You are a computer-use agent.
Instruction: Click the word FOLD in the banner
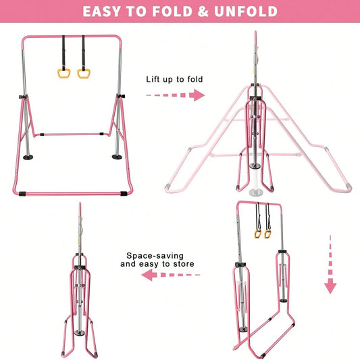pos(172,11)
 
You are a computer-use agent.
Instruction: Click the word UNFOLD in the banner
pos(246,11)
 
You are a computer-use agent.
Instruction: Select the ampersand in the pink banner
pos(203,11)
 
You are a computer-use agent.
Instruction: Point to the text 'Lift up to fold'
pos(174,80)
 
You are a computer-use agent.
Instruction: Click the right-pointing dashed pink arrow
pos(175,95)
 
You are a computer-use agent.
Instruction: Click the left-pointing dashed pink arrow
pos(171,275)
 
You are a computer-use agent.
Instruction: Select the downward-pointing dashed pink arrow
pos(330,265)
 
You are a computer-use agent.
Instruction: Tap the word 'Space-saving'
pos(155,256)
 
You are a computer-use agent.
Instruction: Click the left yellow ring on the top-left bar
pos(63,74)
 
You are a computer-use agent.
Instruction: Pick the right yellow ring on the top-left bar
pos(84,74)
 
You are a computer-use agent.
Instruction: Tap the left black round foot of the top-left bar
pos(28,157)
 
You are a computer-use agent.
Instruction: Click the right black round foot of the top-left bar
pos(117,157)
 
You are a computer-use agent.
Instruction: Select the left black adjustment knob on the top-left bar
pos(23,97)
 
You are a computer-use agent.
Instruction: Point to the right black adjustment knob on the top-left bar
pos(121,96)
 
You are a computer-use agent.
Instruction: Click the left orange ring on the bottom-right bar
pos(258,234)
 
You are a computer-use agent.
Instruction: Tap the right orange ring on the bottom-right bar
pos(267,234)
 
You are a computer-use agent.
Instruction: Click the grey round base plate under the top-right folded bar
pos(255,192)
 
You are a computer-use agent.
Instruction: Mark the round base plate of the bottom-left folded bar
pos(80,333)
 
